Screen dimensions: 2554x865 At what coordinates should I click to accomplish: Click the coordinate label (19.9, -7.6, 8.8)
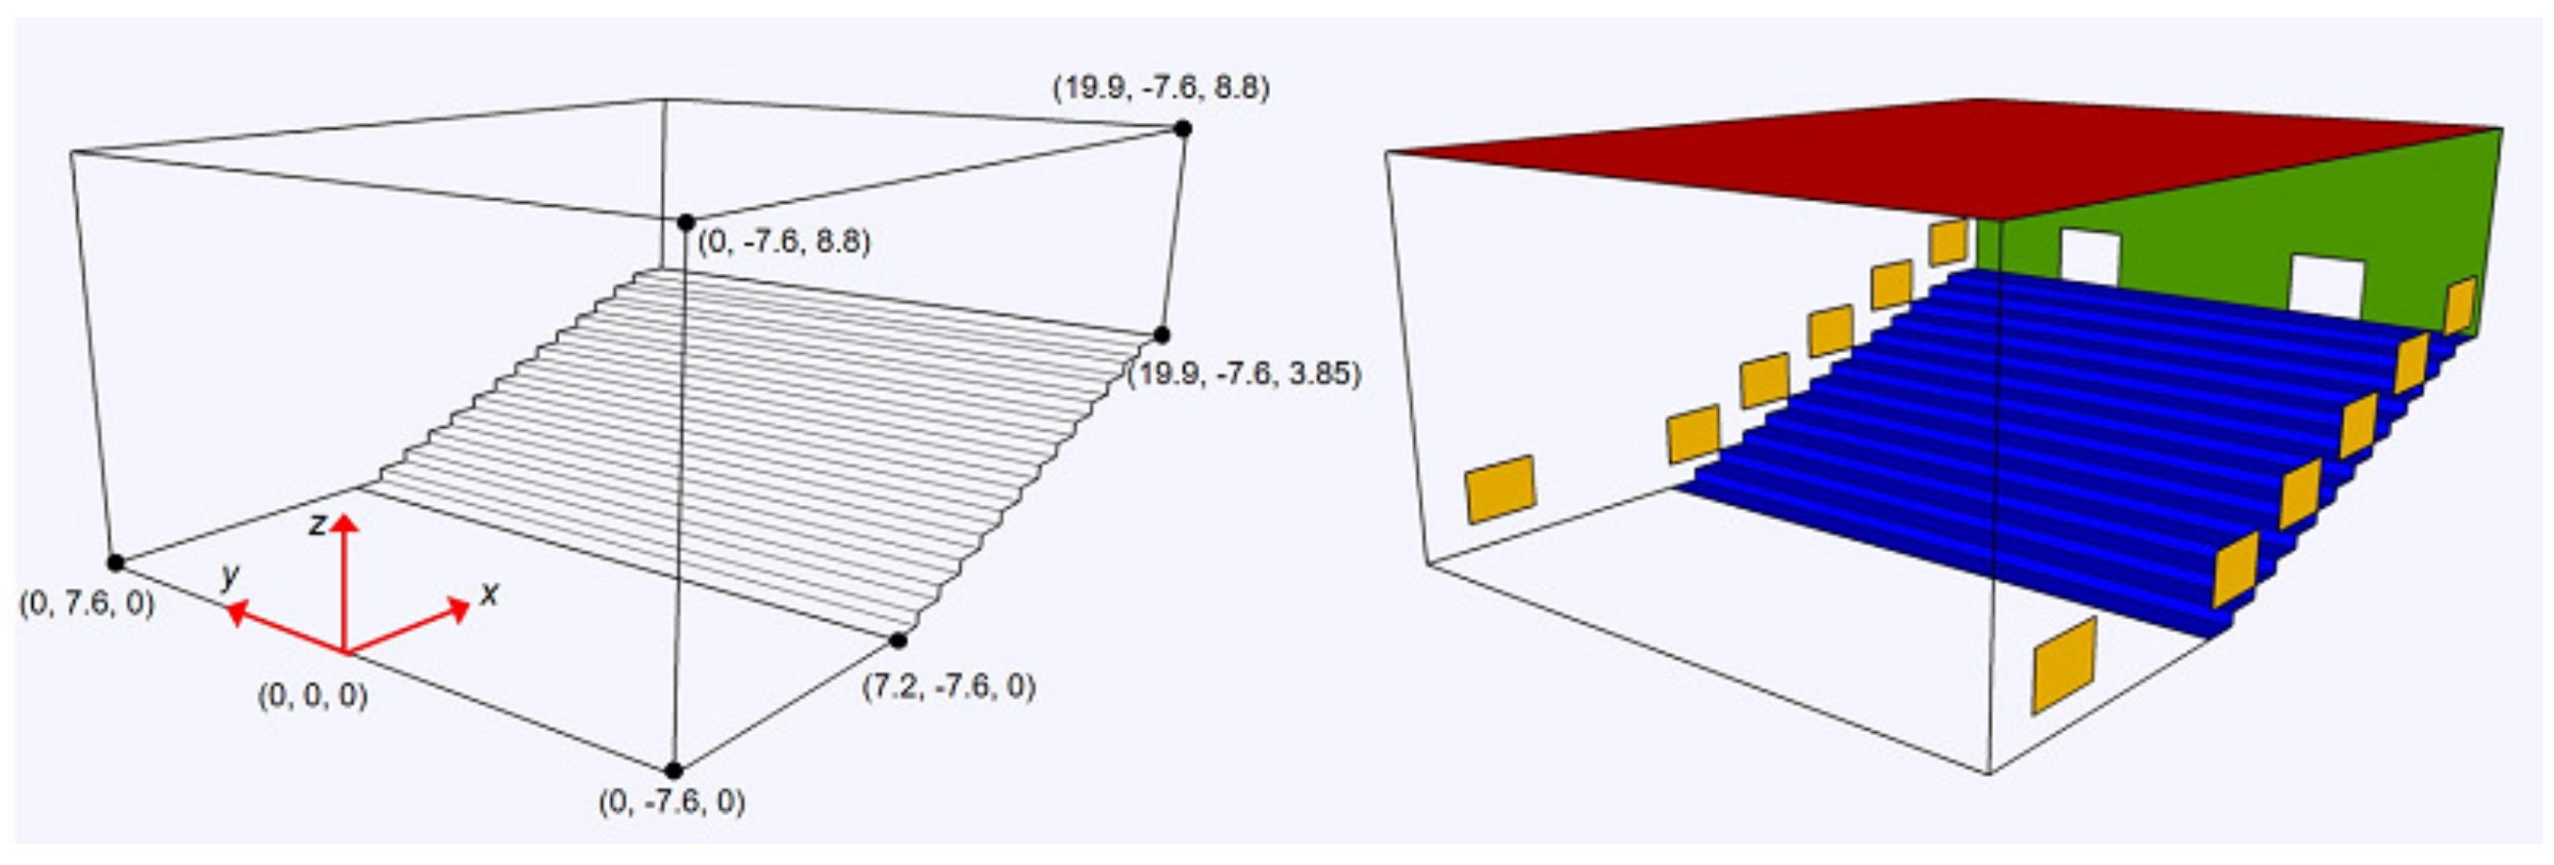[x=1161, y=88]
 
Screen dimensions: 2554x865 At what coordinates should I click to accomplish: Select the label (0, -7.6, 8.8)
[x=784, y=242]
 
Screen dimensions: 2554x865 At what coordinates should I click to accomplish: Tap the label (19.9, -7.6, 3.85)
[x=1244, y=374]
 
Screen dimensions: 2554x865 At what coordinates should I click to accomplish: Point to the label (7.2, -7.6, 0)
[x=949, y=686]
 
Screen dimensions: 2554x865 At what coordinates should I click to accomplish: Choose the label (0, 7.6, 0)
[x=87, y=603]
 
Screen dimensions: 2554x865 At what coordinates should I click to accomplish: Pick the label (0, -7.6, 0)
[x=672, y=801]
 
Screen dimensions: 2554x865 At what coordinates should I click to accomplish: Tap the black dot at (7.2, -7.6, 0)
[x=898, y=641]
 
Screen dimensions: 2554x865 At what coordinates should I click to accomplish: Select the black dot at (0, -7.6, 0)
[x=673, y=771]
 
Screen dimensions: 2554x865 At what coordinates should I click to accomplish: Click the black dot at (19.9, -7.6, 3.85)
[x=1161, y=335]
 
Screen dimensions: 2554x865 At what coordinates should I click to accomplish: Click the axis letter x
[x=489, y=595]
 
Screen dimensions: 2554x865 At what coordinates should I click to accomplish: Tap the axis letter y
[x=231, y=576]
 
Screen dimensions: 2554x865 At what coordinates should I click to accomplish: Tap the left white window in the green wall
[x=2090, y=256]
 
